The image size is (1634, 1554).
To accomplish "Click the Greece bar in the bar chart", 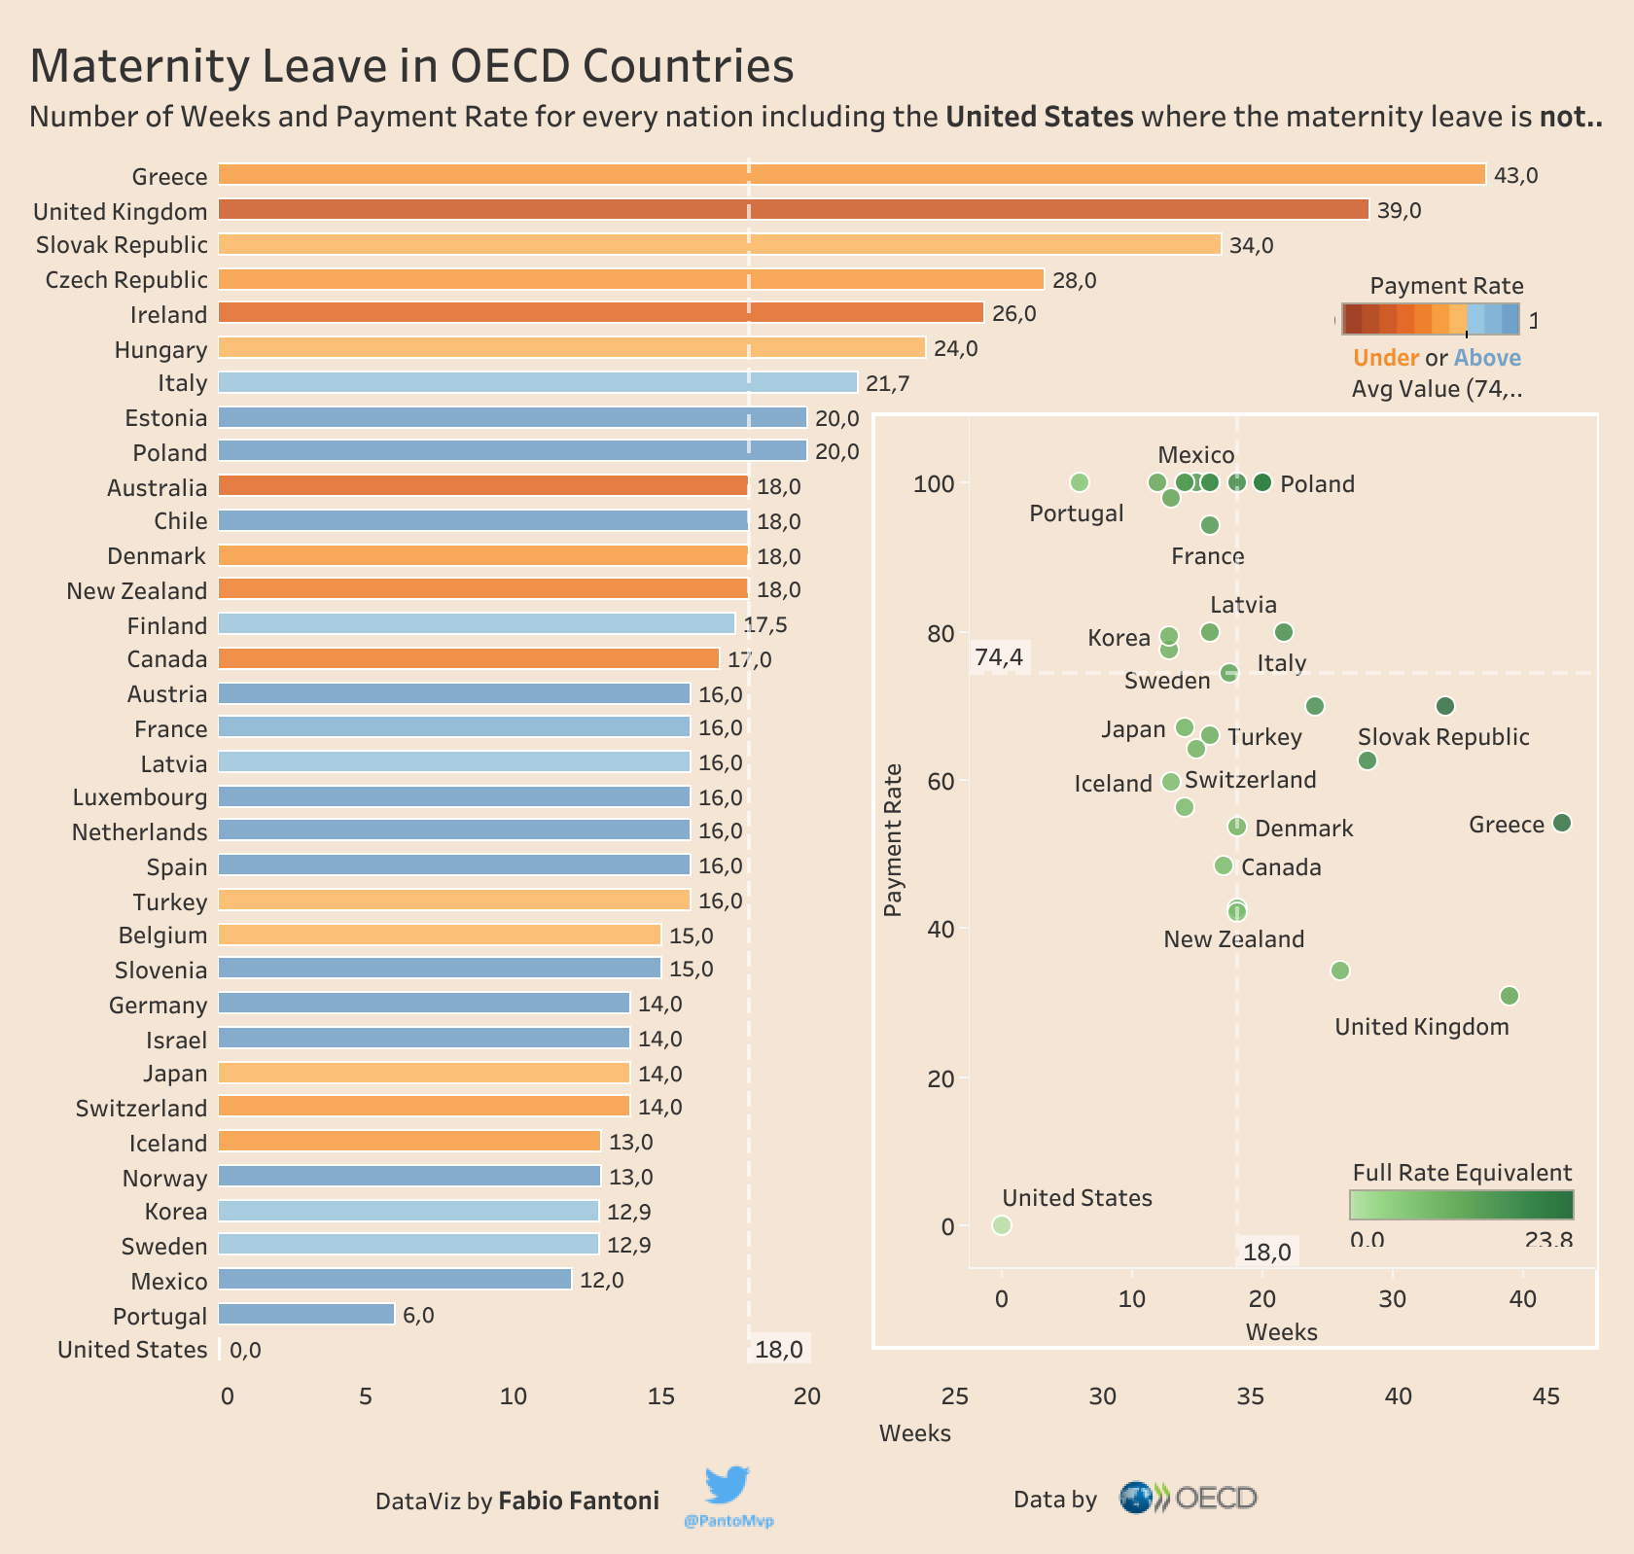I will coord(851,175).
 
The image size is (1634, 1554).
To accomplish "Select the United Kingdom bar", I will coord(793,210).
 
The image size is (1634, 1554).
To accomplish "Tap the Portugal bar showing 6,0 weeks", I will coord(306,1315).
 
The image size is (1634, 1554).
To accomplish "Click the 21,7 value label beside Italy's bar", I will coord(887,384).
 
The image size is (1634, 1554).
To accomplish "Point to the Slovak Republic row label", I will coord(122,245).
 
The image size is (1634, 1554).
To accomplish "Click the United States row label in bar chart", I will coord(132,1350).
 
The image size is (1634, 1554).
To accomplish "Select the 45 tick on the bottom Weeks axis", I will coord(1545,1397).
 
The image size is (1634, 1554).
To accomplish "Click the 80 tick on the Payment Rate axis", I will coord(941,633).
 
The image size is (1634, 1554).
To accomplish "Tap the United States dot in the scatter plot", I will coord(1002,1225).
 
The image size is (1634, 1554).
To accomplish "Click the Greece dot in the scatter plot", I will coord(1562,824).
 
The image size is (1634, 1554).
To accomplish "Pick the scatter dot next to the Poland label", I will coord(1262,482).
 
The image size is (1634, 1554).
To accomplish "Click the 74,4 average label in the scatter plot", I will coord(999,658).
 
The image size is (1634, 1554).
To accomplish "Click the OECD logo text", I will coord(1216,1499).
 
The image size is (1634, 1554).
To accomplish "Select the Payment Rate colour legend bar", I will coord(1430,319).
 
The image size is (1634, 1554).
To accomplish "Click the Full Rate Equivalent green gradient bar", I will coord(1461,1205).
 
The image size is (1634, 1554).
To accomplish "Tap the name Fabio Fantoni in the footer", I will coord(579,1501).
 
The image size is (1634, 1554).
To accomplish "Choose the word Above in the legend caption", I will coord(1487,358).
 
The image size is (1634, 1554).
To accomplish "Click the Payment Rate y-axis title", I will coord(894,840).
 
